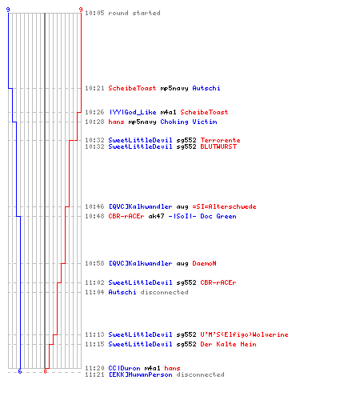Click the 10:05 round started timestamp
click(x=94, y=13)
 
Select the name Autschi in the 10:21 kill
click(x=206, y=88)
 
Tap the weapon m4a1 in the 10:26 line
click(x=168, y=112)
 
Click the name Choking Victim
click(x=189, y=122)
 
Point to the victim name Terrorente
click(x=220, y=140)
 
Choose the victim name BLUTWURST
click(x=218, y=146)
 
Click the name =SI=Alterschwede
click(x=224, y=206)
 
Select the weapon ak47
click(x=156, y=216)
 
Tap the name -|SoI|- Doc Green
click(x=202, y=216)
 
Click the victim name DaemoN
click(x=204, y=263)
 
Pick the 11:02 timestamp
click(x=94, y=282)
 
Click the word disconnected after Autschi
click(x=164, y=292)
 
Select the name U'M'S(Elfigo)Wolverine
click(x=244, y=334)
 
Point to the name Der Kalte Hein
click(x=228, y=344)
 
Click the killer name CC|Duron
click(x=124, y=368)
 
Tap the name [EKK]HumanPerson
click(x=140, y=374)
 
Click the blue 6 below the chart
click(x=20, y=371)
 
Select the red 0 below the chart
click(x=45, y=371)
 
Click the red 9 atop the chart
click(x=81, y=10)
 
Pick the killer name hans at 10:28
click(x=116, y=122)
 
